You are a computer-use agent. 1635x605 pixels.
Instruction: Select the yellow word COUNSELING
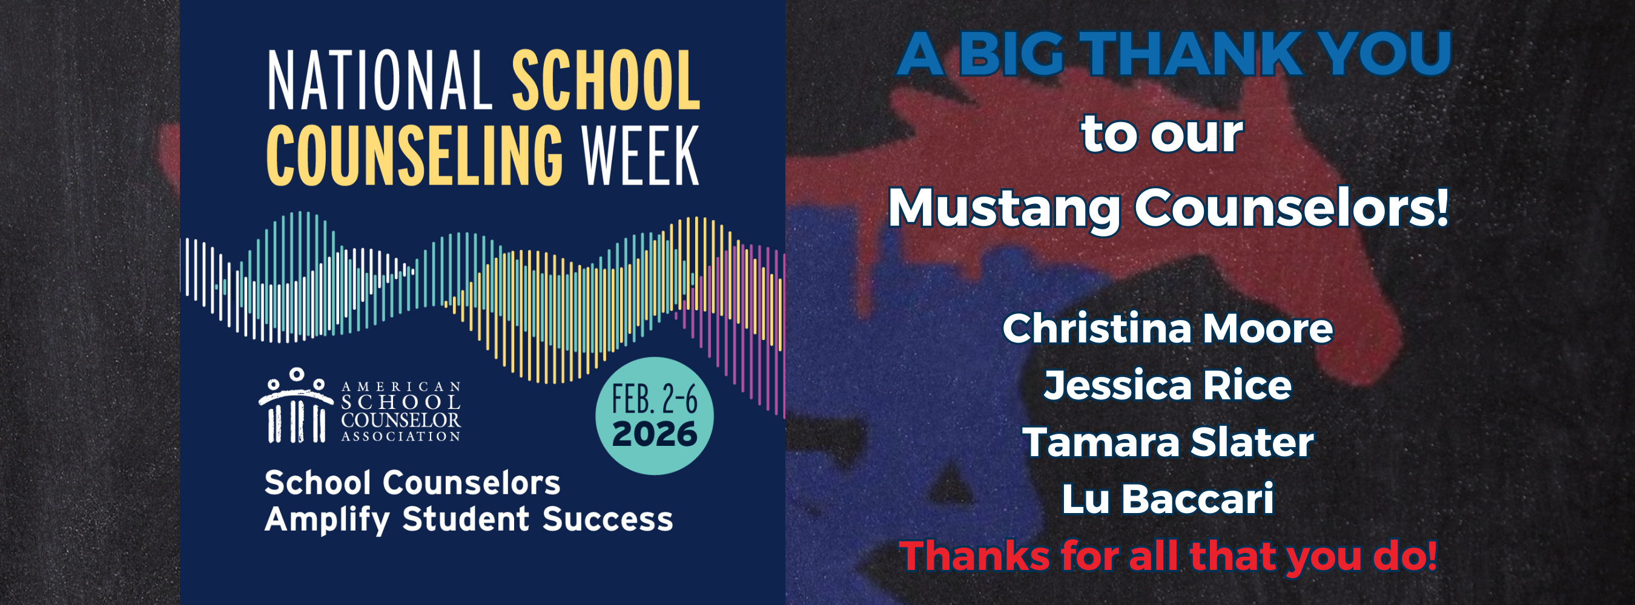tap(414, 155)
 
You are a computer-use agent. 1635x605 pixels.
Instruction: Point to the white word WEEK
tap(641, 155)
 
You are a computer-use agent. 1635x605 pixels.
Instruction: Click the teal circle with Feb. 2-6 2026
tap(655, 416)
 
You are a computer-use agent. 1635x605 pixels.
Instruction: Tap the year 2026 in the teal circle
tap(655, 434)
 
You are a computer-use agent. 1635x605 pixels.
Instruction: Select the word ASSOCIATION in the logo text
tap(400, 436)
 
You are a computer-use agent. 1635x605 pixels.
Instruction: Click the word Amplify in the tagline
tap(327, 520)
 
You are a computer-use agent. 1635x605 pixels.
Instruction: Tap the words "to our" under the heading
tap(1162, 134)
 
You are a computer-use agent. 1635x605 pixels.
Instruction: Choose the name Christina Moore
tap(1168, 329)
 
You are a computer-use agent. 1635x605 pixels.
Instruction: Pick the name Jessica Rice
tap(1168, 385)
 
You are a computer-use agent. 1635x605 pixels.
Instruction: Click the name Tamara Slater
tap(1168, 442)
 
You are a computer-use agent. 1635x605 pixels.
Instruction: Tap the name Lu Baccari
tap(1168, 499)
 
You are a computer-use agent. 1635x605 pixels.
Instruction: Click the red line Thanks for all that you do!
tap(1168, 556)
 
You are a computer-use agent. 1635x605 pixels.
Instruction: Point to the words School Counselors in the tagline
tap(412, 483)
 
